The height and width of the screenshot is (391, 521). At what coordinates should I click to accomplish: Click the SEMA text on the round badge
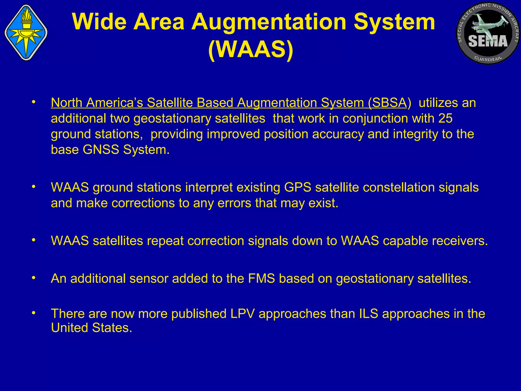488,41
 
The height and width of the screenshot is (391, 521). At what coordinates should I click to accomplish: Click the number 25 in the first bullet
445,118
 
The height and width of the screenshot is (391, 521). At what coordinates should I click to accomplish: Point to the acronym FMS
261,278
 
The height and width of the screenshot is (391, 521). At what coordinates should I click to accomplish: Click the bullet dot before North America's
33,102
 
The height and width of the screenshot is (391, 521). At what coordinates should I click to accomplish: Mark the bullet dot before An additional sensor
33,278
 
